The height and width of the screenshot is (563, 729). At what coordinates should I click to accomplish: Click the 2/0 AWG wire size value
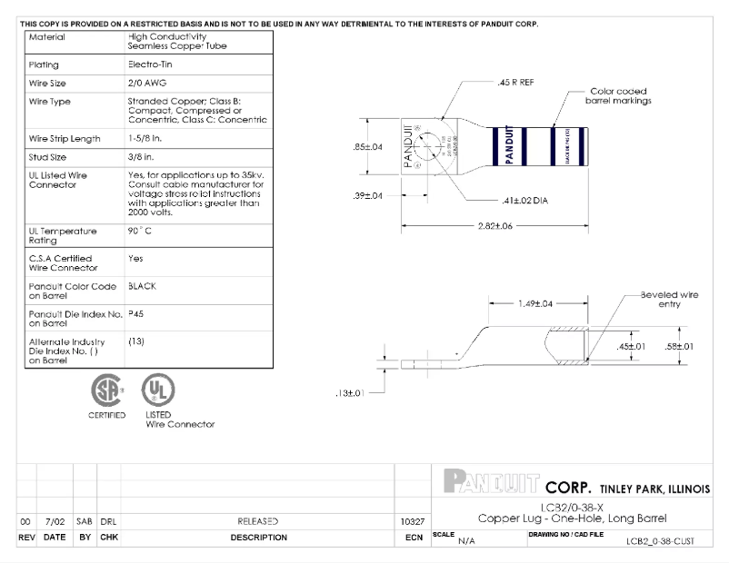146,82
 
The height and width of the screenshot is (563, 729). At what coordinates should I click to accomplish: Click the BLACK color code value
143,286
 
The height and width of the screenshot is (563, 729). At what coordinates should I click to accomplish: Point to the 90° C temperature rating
140,231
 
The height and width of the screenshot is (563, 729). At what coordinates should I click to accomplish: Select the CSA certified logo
106,390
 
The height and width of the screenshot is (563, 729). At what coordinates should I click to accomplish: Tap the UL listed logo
157,390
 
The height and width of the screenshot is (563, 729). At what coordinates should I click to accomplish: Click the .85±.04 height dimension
367,146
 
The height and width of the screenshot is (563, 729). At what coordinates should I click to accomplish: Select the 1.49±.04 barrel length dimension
534,303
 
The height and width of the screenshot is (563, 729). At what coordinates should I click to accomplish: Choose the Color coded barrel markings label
620,96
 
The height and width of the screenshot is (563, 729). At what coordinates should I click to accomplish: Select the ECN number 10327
412,521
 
